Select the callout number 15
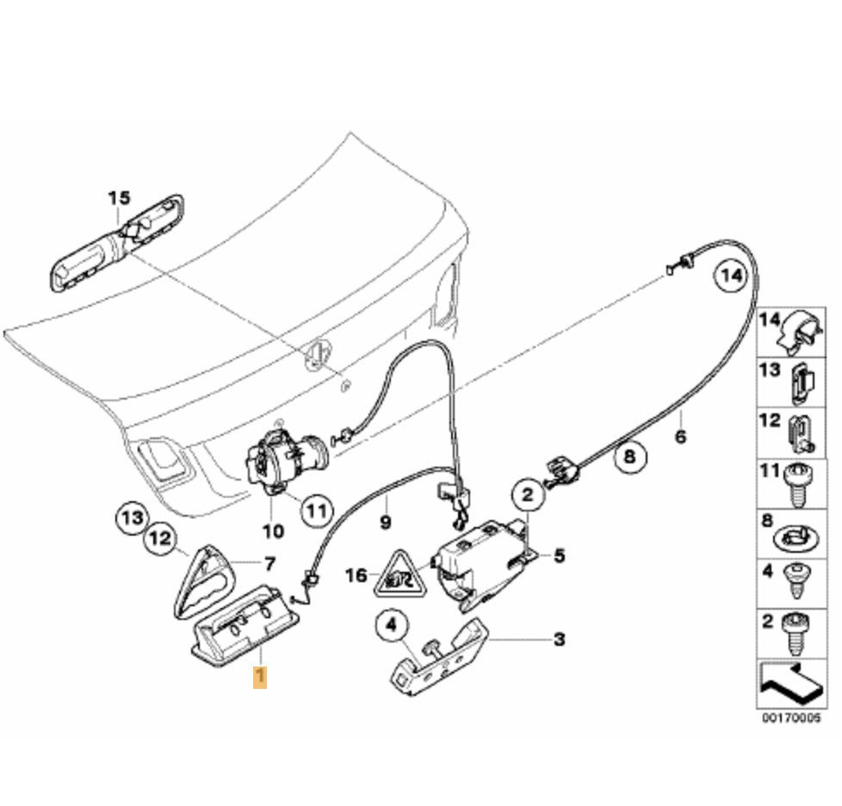[x=119, y=199]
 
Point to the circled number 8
[x=629, y=456]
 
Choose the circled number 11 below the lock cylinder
[x=317, y=510]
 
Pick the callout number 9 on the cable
[x=385, y=522]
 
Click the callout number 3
[x=559, y=639]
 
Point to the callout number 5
[x=560, y=556]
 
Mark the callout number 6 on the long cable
[x=680, y=437]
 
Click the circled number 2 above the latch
[x=528, y=494]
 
